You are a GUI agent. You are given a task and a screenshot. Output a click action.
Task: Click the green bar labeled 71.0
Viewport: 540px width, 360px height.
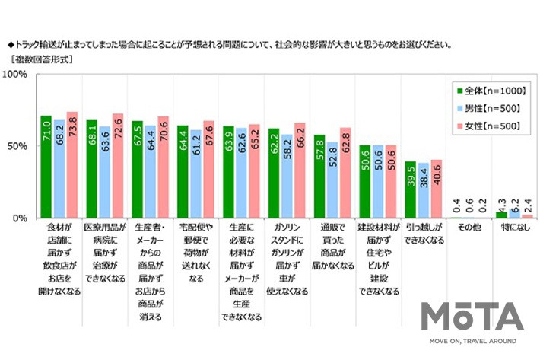tap(46, 167)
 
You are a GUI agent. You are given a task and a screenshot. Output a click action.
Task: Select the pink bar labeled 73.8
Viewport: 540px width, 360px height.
tap(72, 165)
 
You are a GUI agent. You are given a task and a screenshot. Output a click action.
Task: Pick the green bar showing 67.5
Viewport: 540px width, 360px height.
tap(137, 170)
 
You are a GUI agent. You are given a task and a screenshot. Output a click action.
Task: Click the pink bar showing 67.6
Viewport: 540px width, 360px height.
tap(208, 170)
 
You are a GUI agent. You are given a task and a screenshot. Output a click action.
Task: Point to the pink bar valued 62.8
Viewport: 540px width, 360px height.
tap(345, 174)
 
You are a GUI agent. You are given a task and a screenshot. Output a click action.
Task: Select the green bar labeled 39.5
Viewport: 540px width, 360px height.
tap(410, 190)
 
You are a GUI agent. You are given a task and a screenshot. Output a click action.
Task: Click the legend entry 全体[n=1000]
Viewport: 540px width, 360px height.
tap(491, 91)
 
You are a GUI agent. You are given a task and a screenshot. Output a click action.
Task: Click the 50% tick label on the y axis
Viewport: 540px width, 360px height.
tap(18, 146)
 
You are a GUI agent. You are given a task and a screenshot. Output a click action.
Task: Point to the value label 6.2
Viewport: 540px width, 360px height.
tap(514, 204)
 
